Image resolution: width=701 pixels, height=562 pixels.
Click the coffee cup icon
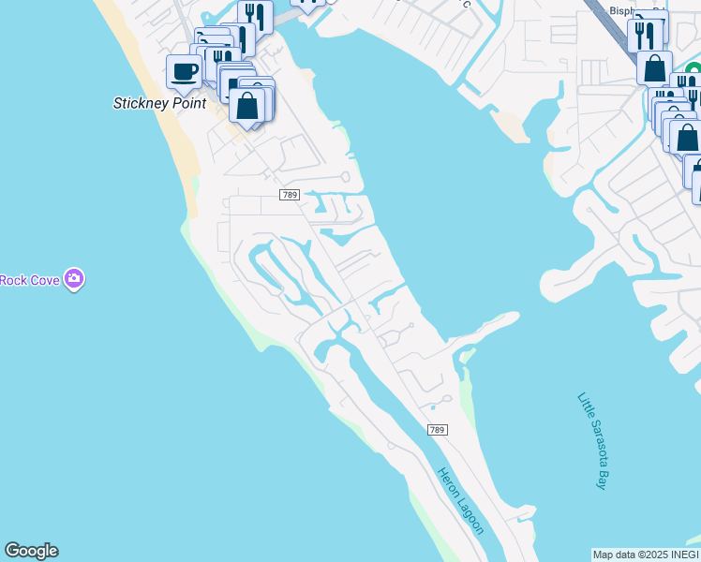tap(183, 70)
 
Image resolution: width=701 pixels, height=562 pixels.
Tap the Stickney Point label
tap(159, 103)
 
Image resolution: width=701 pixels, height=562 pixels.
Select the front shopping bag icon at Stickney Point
tap(247, 106)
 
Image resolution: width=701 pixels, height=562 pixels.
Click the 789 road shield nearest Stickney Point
tap(289, 194)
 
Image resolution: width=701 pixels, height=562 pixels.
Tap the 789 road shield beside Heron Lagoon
tap(437, 430)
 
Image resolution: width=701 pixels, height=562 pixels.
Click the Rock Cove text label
tap(29, 279)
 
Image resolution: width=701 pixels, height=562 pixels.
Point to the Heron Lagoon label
tap(461, 501)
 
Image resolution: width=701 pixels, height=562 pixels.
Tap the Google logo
tap(31, 551)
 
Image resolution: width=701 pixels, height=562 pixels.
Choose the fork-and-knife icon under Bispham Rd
tap(646, 35)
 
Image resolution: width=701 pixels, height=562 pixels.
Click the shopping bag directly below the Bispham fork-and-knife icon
tap(654, 68)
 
